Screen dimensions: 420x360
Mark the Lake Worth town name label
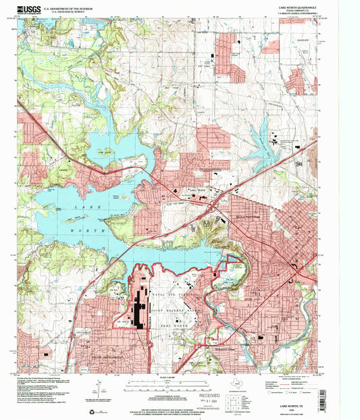(197, 190)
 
